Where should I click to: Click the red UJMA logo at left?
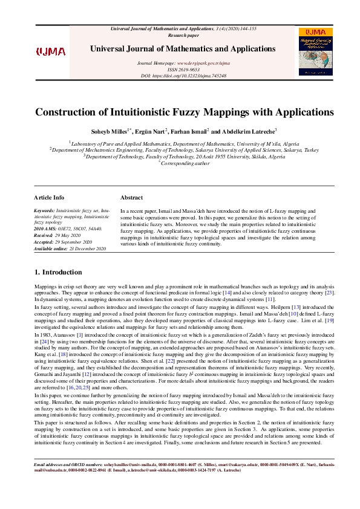tap(51, 51)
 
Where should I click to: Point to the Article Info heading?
tap(49, 198)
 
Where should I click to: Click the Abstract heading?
tap(131, 198)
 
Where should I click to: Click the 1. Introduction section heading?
tap(58, 273)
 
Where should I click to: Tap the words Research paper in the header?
tap(179, 35)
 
